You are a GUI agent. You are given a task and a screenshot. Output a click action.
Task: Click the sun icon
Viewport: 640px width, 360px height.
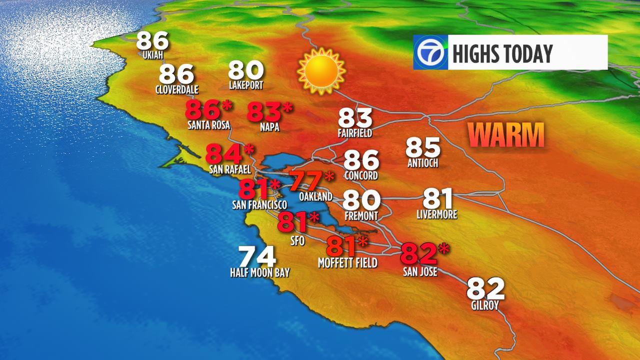(321, 71)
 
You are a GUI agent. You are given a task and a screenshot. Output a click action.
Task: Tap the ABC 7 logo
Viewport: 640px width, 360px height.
(430, 52)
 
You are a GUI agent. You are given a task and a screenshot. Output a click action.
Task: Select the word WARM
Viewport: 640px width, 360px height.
(507, 135)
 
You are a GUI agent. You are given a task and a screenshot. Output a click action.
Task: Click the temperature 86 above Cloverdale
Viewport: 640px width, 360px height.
(176, 75)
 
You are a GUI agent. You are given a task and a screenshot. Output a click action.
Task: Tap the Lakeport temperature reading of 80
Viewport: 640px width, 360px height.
(246, 70)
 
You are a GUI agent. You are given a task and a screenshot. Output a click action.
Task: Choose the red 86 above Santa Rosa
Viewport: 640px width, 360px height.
(202, 110)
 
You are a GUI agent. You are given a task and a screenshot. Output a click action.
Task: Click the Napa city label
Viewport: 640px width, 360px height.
(269, 128)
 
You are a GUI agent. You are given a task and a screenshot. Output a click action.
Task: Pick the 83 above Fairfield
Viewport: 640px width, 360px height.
(355, 118)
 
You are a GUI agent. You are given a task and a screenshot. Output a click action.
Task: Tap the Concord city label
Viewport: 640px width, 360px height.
(361, 176)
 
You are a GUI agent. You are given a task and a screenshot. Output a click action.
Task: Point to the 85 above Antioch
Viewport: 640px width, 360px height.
(422, 147)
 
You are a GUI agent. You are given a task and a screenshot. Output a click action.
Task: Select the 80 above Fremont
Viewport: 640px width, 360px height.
(361, 200)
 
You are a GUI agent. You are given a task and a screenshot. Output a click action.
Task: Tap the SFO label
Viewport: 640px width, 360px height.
(297, 240)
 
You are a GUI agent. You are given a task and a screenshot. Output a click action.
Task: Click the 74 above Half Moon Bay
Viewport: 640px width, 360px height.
(257, 257)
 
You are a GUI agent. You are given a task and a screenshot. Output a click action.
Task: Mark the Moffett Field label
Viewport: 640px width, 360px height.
(347, 263)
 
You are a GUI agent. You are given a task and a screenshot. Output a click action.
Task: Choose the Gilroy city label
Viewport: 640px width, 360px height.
(484, 305)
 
